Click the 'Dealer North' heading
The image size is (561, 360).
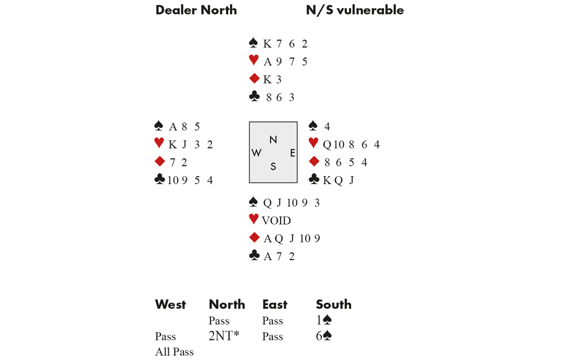tap(196, 10)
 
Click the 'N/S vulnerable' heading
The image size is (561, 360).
tap(355, 10)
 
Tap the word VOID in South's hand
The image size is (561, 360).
tap(276, 221)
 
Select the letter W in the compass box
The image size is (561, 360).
tap(257, 153)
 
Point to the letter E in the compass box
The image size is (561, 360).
tap(292, 153)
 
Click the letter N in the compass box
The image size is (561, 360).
tap(273, 140)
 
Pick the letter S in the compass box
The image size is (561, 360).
tap(273, 166)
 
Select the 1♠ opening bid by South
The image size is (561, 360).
tap(324, 321)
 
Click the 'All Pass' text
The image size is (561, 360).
tap(174, 352)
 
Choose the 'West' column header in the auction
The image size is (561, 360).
tap(170, 304)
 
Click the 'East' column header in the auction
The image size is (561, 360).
tap(274, 304)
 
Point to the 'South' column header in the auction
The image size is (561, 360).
tap(333, 304)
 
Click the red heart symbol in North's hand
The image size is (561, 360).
tap(254, 60)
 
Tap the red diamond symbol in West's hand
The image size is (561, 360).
tap(159, 161)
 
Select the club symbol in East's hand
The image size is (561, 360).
tap(314, 179)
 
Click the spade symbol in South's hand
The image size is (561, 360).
tap(254, 202)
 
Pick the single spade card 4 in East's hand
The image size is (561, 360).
tap(327, 127)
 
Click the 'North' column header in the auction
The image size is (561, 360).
tap(227, 304)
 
